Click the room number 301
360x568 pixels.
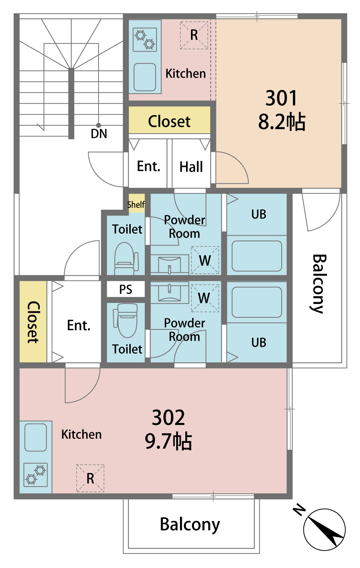point(281,98)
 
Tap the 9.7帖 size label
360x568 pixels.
point(168,442)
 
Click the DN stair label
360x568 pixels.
point(99,134)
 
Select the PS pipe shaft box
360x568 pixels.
point(126,289)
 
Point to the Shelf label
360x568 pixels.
point(136,204)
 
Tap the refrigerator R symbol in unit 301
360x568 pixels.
point(194,35)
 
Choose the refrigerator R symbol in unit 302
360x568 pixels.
point(90,479)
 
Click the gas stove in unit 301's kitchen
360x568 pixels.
point(145,39)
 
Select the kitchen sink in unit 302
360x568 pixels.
point(36,437)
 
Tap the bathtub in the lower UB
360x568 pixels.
point(257,302)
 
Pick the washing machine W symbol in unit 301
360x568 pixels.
point(205,260)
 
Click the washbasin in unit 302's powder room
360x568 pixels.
point(169,292)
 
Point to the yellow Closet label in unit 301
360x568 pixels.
point(169,121)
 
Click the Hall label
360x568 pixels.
point(191,167)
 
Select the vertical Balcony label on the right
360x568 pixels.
point(319,284)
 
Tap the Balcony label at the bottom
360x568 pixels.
point(190,524)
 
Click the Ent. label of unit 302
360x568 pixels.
point(79,325)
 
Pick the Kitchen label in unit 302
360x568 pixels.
point(81,435)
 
